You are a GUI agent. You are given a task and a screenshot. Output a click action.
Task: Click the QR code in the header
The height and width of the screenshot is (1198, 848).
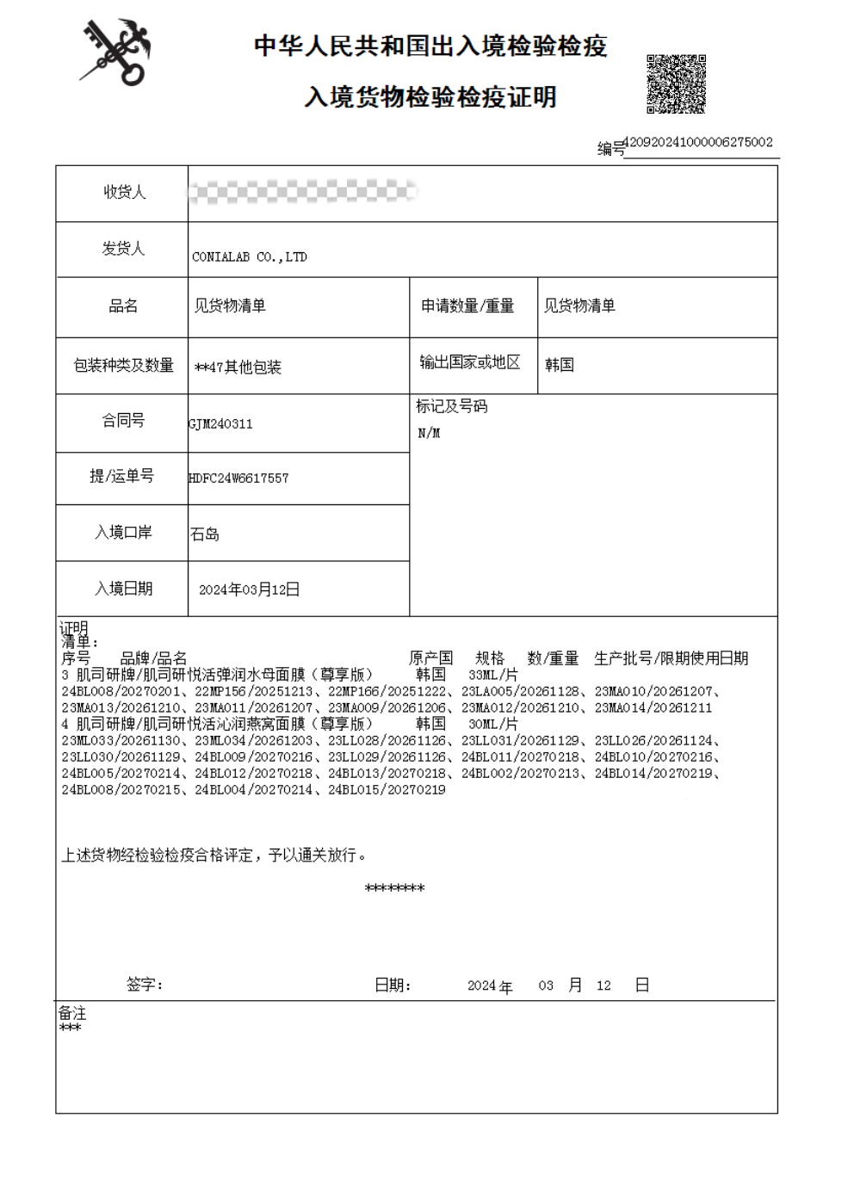(676, 84)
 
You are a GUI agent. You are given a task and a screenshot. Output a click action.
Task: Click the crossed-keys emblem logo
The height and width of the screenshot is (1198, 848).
(115, 52)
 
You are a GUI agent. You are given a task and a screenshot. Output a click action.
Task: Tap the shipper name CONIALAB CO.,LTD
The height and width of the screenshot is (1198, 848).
(250, 256)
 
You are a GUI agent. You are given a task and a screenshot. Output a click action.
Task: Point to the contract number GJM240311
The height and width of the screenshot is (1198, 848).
(221, 423)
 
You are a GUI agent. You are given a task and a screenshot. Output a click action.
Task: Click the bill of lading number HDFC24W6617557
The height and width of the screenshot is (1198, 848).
(238, 478)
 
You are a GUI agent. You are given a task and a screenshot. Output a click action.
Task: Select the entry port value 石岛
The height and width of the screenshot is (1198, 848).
(205, 534)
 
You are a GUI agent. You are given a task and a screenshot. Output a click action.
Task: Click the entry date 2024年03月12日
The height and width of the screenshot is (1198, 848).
(249, 590)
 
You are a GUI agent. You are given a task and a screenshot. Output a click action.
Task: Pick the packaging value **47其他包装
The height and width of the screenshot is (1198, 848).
(238, 367)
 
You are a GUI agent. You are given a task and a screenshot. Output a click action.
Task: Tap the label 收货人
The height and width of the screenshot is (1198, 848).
(124, 192)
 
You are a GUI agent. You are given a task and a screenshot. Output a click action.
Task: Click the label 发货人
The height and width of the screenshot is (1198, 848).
(123, 249)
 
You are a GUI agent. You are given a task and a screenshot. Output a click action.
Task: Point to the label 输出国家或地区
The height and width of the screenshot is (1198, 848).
(470, 362)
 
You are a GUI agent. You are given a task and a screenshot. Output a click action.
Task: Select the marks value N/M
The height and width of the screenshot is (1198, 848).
(429, 433)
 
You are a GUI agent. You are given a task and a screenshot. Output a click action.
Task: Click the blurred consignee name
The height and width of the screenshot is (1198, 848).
(301, 191)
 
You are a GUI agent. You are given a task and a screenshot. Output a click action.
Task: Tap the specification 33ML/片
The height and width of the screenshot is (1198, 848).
(492, 675)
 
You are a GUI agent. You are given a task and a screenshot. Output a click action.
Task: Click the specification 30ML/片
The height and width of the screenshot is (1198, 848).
(492, 724)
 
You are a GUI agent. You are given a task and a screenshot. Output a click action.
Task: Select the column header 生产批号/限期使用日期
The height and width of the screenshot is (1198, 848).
(671, 658)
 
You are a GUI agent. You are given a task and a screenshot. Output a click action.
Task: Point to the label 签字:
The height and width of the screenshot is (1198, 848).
(144, 985)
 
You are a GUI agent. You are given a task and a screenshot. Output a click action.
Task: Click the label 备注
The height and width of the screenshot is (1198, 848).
(72, 1013)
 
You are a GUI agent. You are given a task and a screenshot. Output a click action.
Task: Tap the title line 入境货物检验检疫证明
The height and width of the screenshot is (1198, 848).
(430, 96)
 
